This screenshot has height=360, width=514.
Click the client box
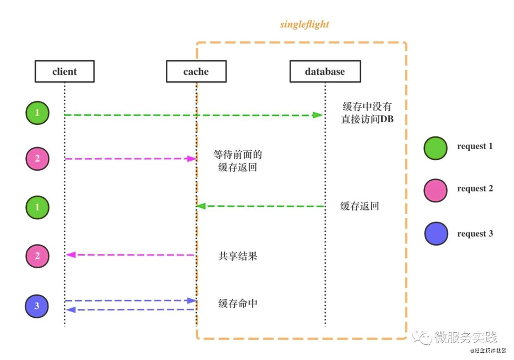(64, 72)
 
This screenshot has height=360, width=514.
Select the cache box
(196, 72)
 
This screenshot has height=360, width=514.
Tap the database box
(325, 72)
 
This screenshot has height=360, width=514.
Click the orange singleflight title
(304, 25)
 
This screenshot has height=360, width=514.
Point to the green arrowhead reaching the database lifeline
(318, 115)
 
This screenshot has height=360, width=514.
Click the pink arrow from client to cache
(129, 159)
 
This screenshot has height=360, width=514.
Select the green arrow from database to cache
(261, 206)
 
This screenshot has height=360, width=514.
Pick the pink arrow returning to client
(129, 255)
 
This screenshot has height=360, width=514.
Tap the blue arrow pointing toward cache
(129, 300)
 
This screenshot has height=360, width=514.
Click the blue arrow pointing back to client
(129, 310)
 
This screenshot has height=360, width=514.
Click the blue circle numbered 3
(37, 306)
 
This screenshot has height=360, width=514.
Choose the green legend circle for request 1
(436, 148)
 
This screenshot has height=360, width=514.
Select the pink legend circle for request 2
(436, 190)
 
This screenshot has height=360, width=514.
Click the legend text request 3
(475, 233)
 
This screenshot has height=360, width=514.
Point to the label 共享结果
(238, 257)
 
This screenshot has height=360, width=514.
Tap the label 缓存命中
(238, 304)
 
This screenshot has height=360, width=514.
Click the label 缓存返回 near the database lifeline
(360, 206)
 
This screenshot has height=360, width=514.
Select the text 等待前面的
(238, 155)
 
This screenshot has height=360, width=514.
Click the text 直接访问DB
(367, 120)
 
